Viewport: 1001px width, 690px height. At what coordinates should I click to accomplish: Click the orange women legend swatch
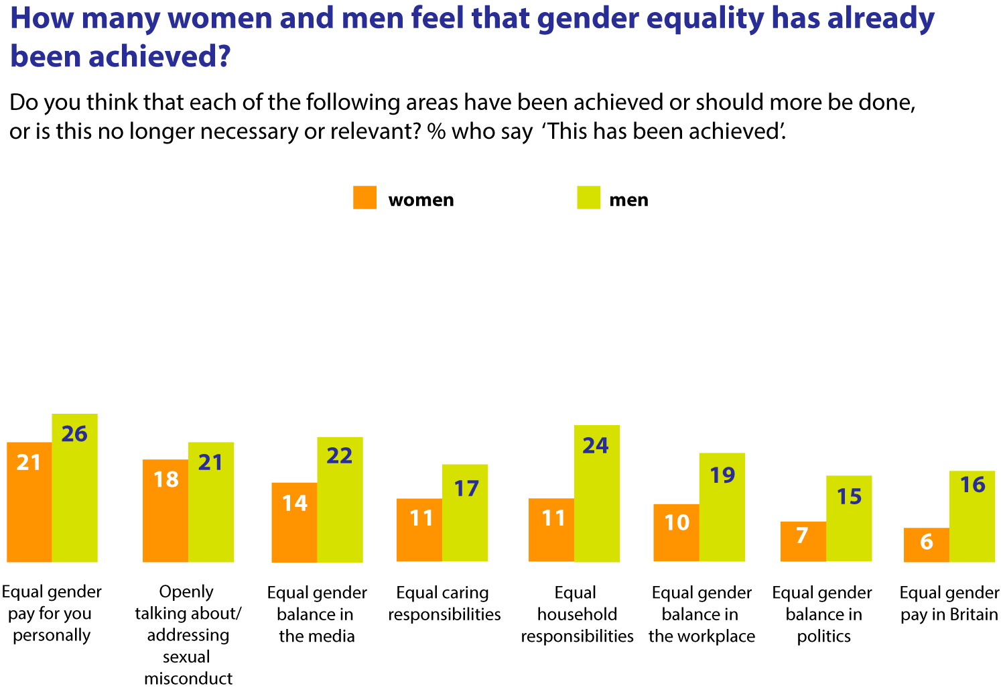(364, 198)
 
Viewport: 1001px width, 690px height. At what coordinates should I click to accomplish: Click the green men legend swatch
(588, 198)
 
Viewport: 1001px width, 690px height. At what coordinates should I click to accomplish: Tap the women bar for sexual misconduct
(165, 510)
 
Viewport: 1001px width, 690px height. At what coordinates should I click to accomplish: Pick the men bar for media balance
(340, 500)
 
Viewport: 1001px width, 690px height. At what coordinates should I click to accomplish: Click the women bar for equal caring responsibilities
(419, 530)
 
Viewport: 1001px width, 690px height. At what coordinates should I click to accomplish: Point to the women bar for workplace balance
(676, 532)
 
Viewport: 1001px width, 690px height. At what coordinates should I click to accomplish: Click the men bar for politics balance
(849, 518)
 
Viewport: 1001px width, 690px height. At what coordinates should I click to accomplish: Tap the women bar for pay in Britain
(926, 544)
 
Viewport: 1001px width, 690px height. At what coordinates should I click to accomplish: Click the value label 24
(595, 446)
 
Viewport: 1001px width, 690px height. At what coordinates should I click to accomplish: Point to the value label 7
(802, 535)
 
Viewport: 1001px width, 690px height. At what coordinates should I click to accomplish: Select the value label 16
(972, 485)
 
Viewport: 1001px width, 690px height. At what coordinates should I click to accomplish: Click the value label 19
(722, 475)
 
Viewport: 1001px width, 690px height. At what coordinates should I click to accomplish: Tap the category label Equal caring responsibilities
(444, 603)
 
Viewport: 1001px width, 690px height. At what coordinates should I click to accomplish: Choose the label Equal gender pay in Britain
(949, 603)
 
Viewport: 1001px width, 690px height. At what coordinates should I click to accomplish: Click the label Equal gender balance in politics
(822, 614)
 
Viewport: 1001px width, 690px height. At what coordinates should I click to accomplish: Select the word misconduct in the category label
(188, 678)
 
